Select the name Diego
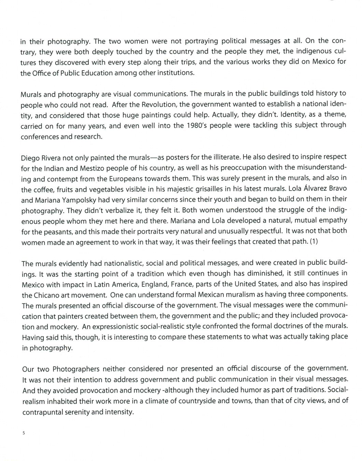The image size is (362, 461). [x=30, y=158]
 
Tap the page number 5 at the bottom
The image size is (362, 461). [x=24, y=433]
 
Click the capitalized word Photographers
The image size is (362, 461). [x=76, y=369]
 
